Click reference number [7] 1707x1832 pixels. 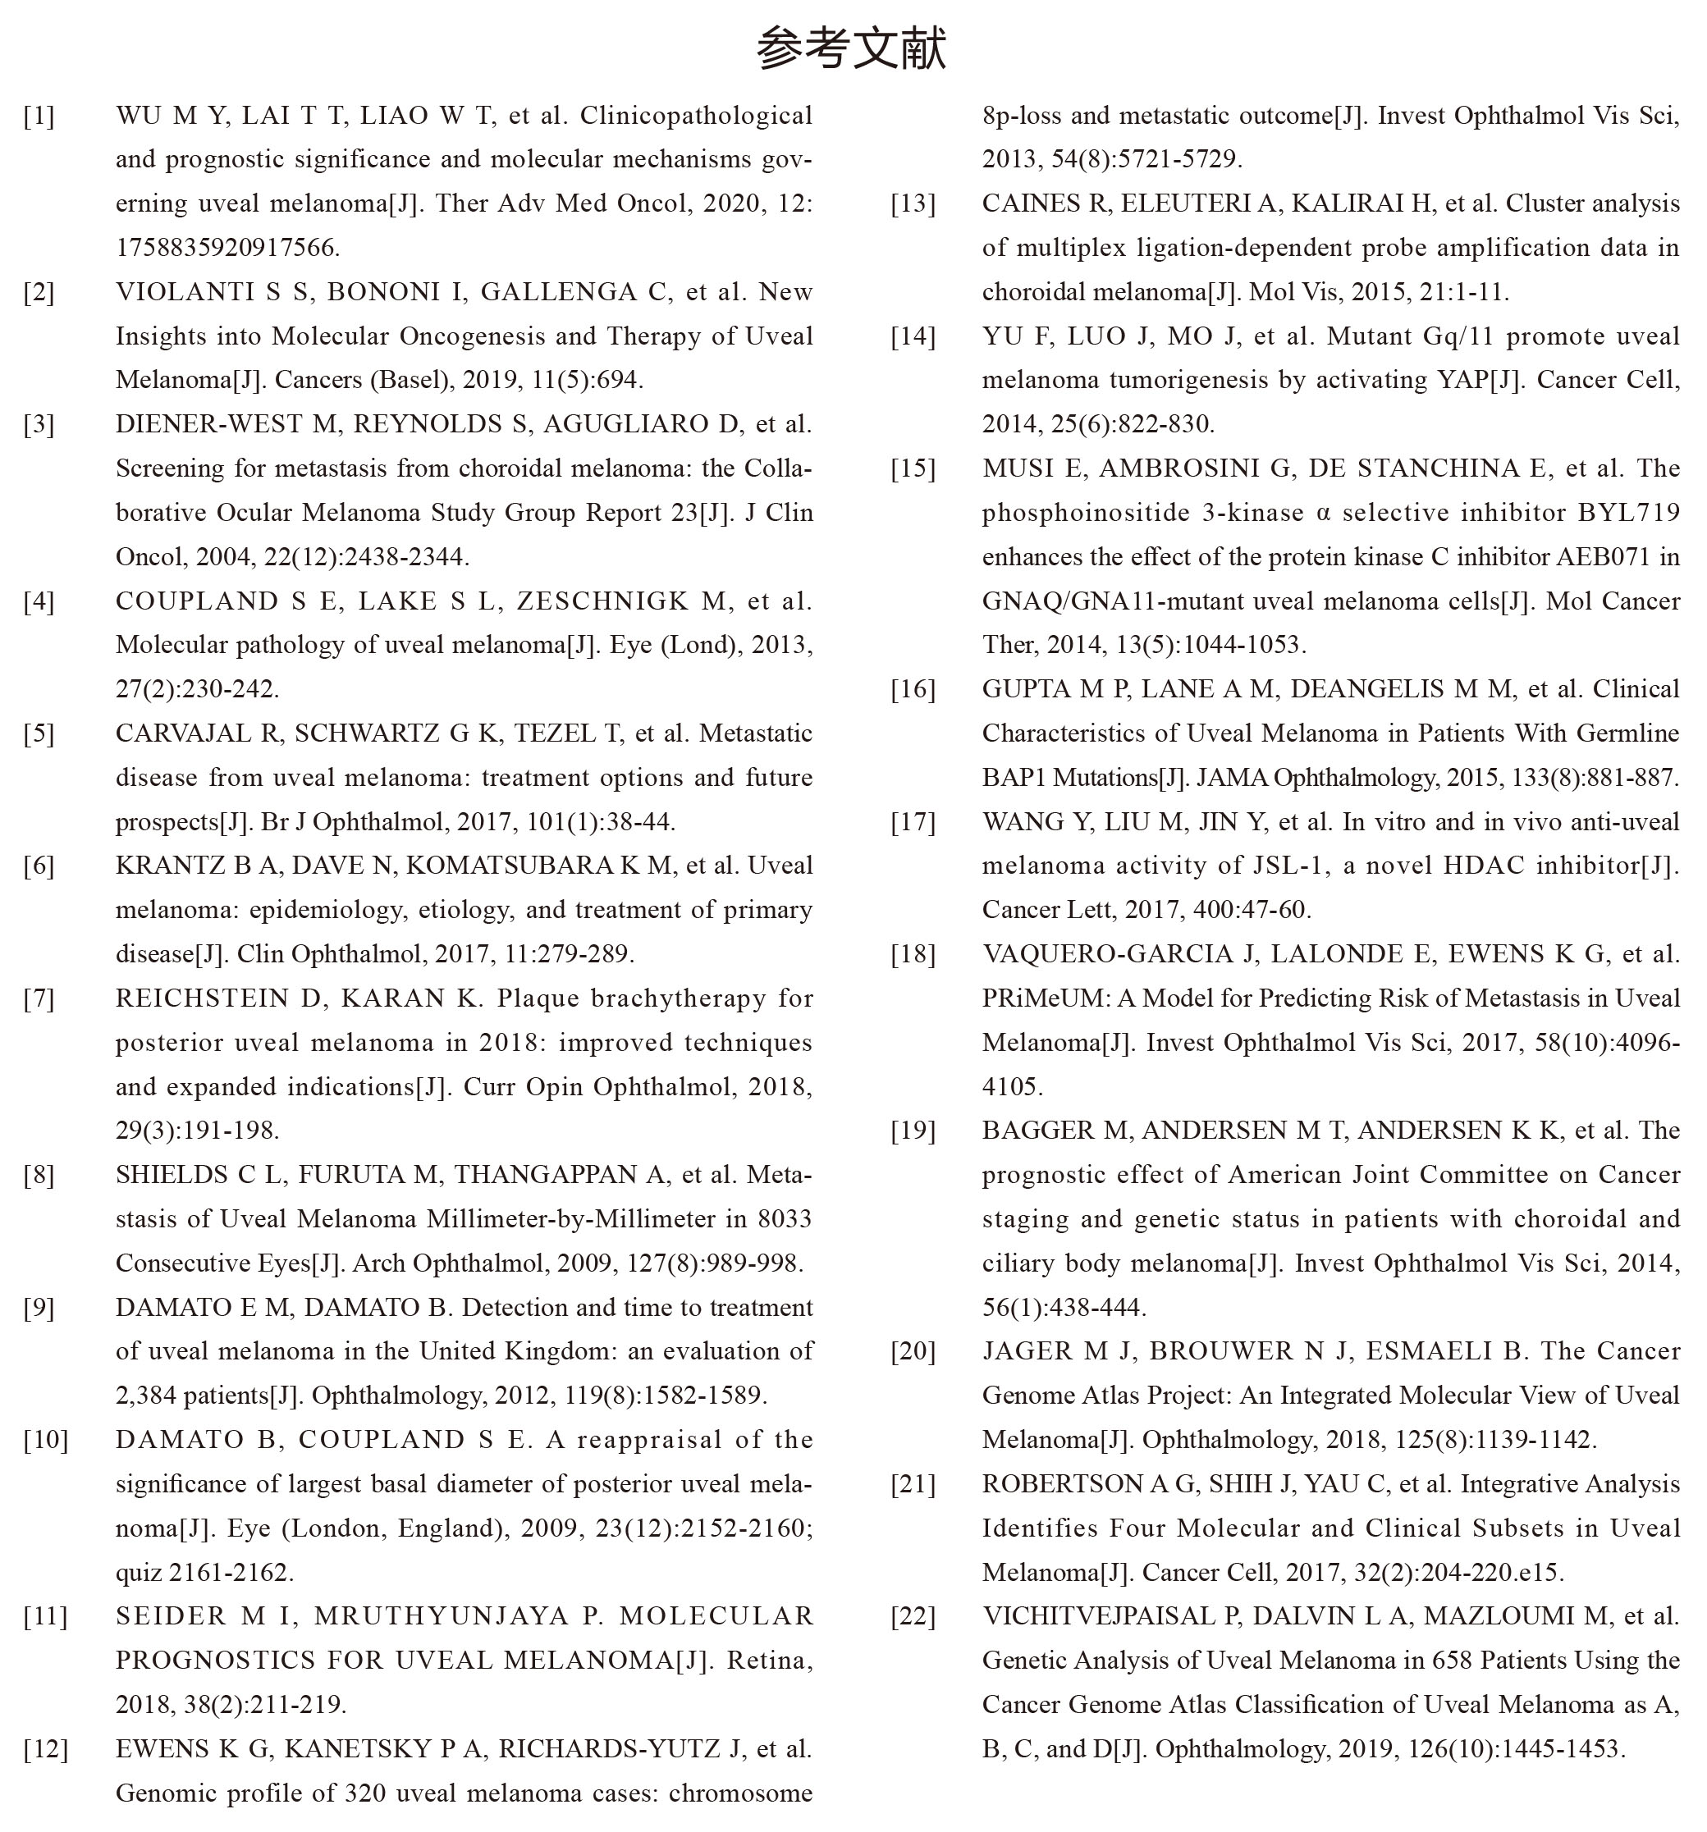[39, 999]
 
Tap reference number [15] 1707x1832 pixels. [913, 469]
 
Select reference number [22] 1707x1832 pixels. [913, 1617]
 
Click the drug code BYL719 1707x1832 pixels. [1629, 514]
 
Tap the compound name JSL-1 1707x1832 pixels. [1275, 866]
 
